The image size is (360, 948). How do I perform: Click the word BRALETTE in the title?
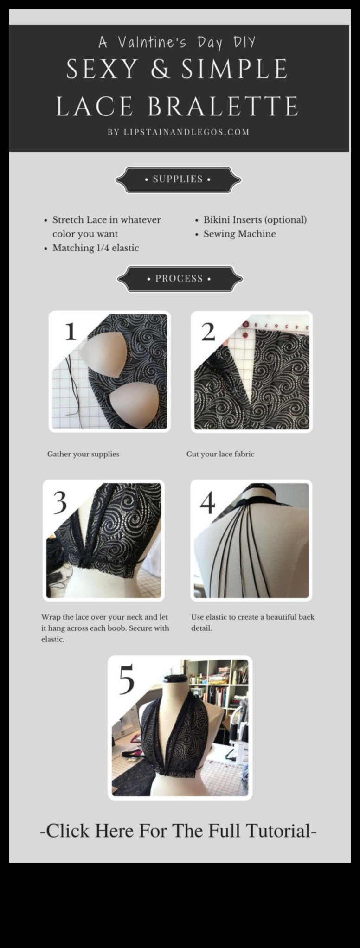[223, 106]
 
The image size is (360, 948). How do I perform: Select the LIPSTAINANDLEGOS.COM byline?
[186, 132]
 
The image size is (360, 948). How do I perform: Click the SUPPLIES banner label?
[178, 179]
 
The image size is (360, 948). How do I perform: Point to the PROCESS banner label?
[179, 278]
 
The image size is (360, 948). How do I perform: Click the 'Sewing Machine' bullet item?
[239, 234]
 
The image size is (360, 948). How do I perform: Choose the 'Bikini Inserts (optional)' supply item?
[255, 220]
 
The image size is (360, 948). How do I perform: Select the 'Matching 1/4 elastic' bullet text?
[96, 248]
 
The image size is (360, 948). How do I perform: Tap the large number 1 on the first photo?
[71, 331]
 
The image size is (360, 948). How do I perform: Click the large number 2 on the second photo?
[208, 332]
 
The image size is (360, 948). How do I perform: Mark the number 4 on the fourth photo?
[207, 503]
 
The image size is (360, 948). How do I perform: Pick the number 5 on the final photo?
[127, 679]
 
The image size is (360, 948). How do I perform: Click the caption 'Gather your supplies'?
[83, 454]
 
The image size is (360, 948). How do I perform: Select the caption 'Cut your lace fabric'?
[220, 454]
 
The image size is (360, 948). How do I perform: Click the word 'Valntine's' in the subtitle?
[152, 43]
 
